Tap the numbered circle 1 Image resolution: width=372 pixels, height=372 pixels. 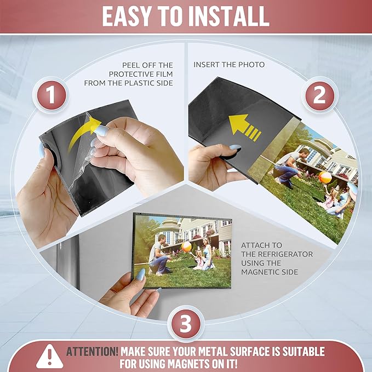point(51,95)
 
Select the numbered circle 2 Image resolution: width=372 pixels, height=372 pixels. point(319,96)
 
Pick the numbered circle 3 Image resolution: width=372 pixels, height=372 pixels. point(186,324)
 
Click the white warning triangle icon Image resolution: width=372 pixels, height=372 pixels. point(49,357)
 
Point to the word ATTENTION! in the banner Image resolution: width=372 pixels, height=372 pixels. point(92,352)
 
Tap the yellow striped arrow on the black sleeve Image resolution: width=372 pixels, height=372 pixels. point(244,127)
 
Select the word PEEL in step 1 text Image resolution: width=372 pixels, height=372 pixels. point(131,65)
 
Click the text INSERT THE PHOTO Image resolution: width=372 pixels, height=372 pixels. point(229,65)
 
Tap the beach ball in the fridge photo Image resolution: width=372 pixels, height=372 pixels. point(186,247)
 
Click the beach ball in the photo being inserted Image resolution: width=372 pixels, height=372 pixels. point(325,177)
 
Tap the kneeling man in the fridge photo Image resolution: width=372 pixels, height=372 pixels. point(158,254)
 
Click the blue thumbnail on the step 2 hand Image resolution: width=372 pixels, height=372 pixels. point(235,147)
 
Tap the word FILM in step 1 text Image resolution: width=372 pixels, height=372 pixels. point(164,74)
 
